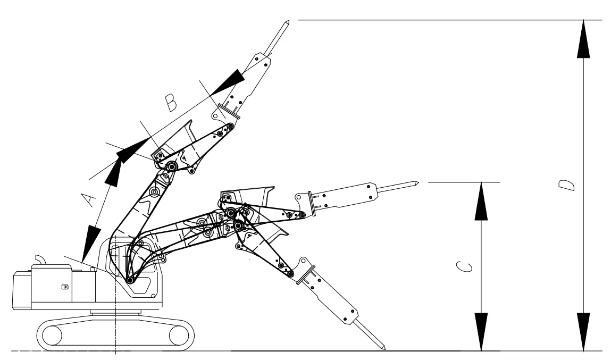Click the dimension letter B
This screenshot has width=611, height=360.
click(171, 103)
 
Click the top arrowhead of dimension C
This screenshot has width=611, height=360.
click(481, 200)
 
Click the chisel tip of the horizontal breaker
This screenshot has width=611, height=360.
click(417, 184)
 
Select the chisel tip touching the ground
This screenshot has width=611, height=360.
click(383, 348)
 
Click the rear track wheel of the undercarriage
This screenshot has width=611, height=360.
click(53, 336)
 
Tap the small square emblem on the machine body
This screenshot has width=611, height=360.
click(65, 287)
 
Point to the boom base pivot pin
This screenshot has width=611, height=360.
click(129, 280)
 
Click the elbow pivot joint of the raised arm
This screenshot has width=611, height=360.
click(172, 167)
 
